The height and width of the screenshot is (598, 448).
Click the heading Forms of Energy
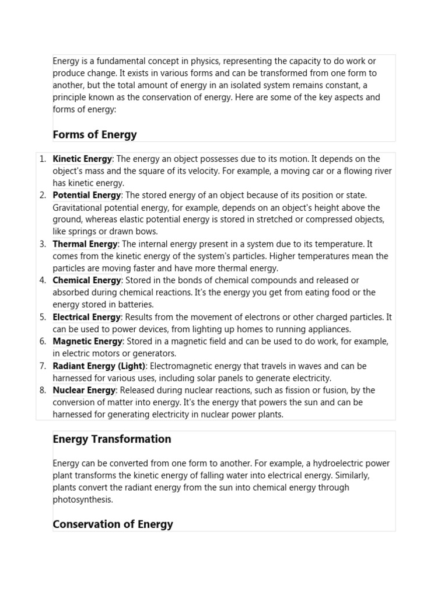[94, 135]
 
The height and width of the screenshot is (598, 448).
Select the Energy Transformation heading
[111, 439]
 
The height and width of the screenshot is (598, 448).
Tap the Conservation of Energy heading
[113, 524]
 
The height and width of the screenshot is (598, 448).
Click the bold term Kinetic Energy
[82, 159]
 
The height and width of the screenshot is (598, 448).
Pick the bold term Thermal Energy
[85, 244]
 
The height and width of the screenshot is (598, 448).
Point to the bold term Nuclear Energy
[85, 390]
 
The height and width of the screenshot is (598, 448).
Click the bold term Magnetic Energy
[87, 342]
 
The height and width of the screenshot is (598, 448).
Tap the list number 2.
[43, 196]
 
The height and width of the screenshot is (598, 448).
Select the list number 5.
[43, 317]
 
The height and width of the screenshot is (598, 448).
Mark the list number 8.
[43, 390]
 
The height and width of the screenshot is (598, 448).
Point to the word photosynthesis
[82, 500]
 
